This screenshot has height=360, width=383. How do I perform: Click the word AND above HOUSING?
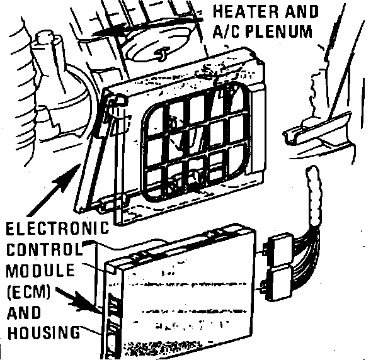[x=25, y=312]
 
